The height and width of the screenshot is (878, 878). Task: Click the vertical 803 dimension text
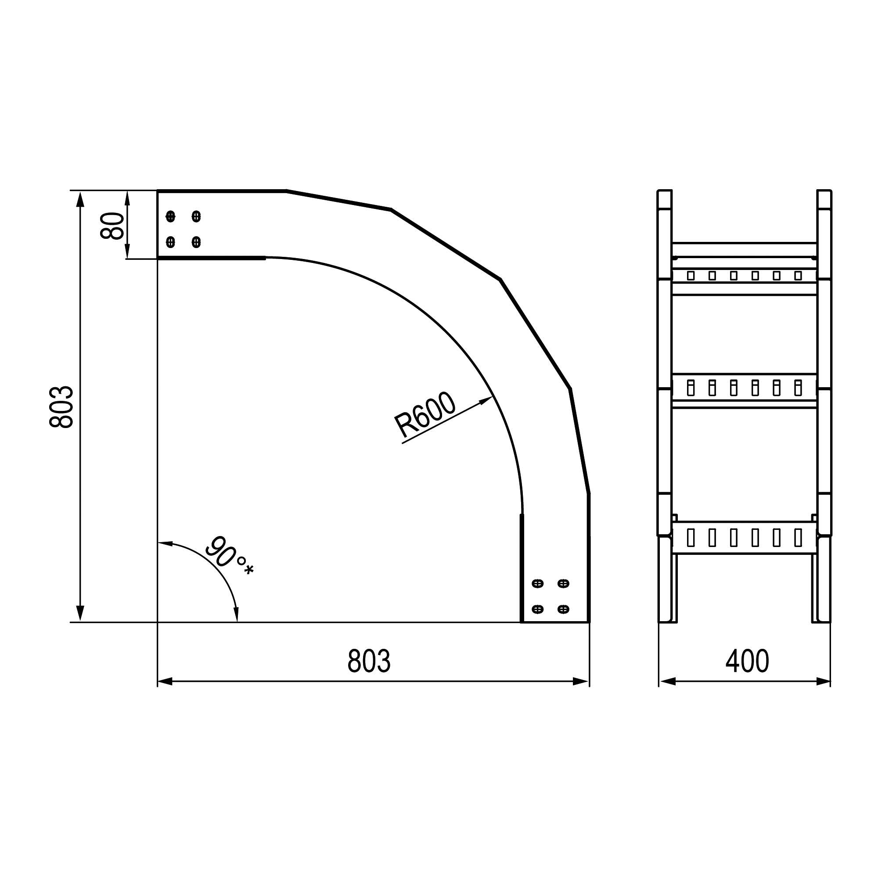(61, 407)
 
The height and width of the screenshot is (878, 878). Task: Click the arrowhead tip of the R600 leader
(493, 397)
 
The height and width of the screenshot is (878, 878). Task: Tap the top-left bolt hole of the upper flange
(170, 216)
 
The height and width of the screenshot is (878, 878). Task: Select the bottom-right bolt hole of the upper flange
(196, 242)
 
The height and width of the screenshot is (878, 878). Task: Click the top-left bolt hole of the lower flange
(538, 583)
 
